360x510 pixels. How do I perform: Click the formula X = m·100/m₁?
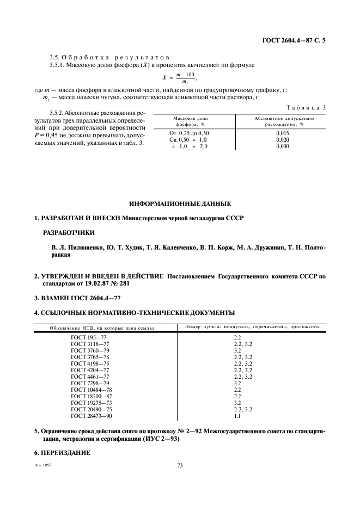click(179, 77)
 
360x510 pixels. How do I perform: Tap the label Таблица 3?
click(305, 107)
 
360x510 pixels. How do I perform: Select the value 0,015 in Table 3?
click(282, 132)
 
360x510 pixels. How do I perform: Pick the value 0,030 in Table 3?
click(282, 147)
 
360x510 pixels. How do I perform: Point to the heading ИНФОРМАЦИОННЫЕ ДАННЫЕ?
click(180, 204)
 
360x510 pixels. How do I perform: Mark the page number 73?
click(180, 465)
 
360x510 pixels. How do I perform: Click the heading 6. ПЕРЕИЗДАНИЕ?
click(62, 453)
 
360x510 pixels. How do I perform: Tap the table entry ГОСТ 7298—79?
click(90, 383)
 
